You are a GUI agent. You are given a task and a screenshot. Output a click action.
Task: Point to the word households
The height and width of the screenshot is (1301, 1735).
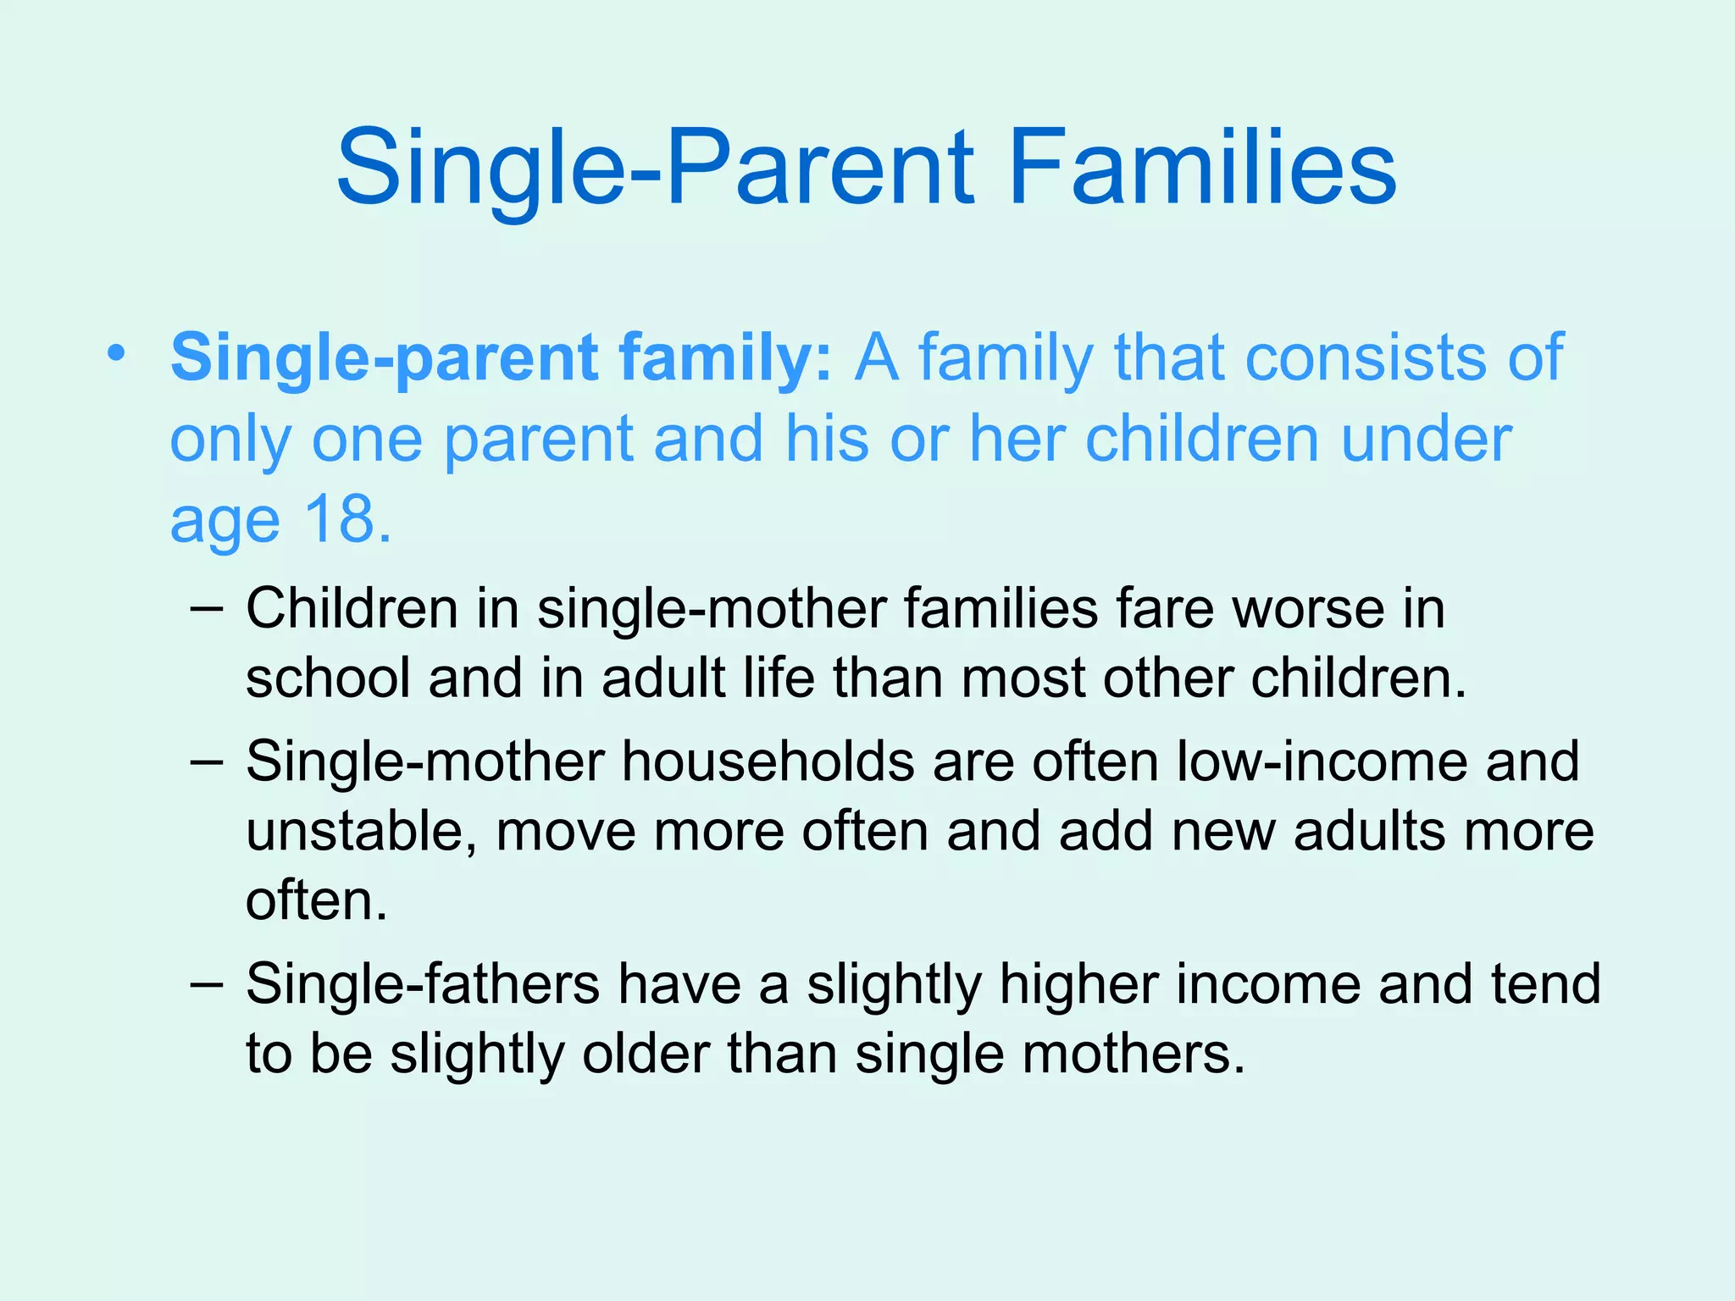(x=768, y=761)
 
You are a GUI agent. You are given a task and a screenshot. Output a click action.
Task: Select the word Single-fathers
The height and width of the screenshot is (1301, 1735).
(x=423, y=984)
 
